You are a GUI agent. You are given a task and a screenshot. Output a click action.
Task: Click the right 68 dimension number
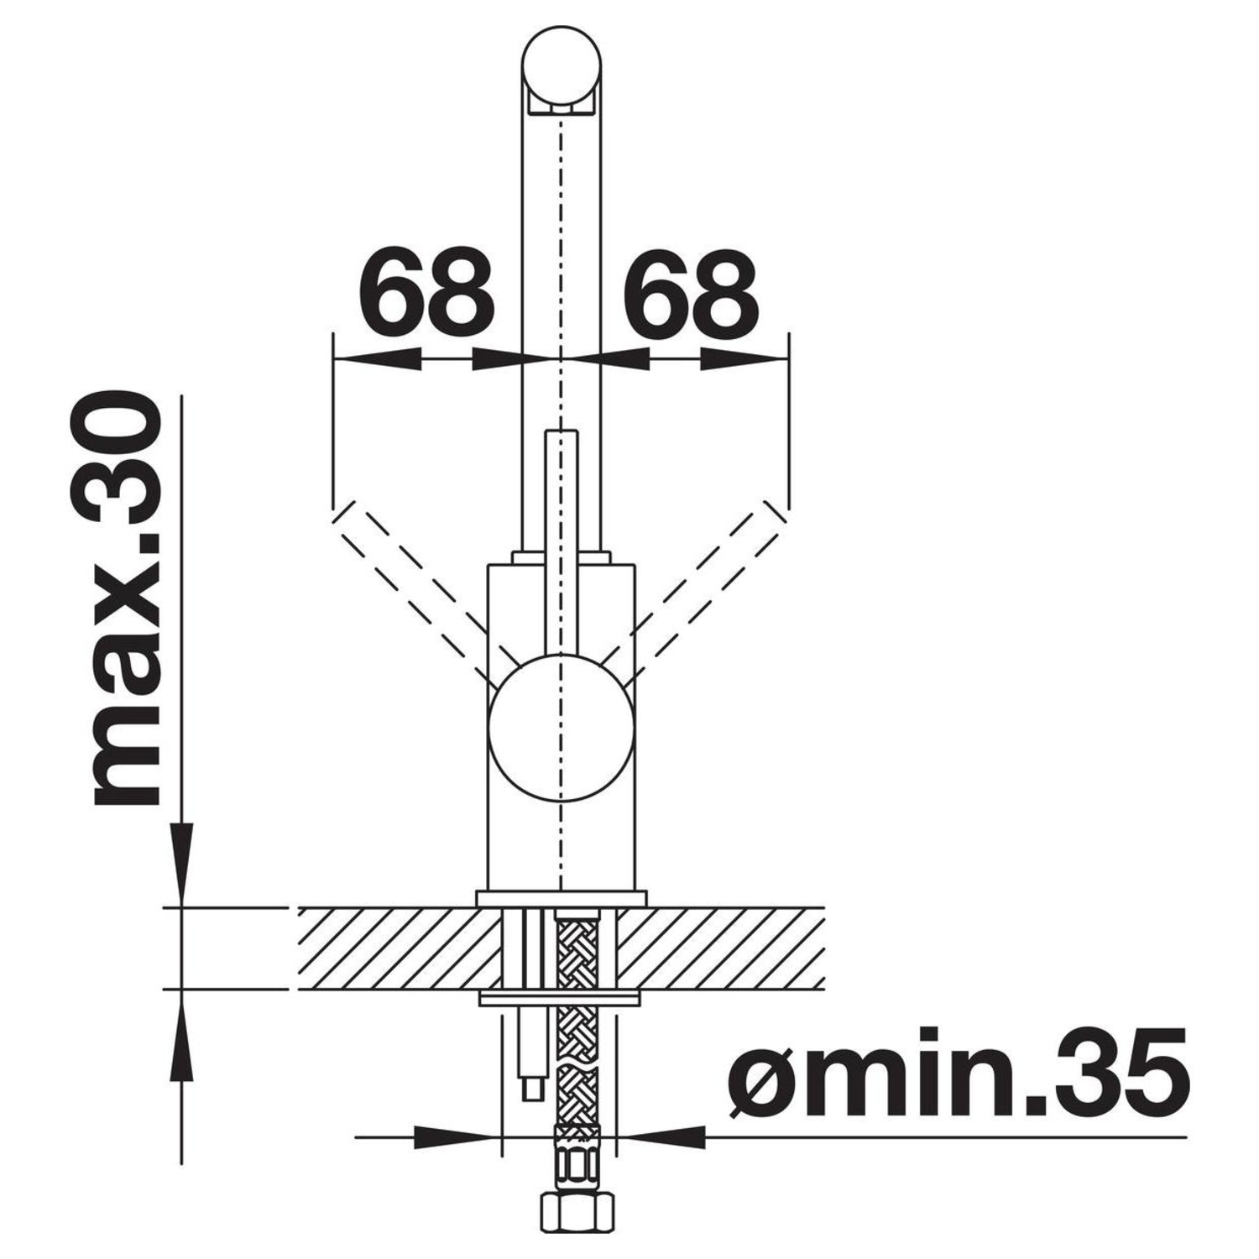click(x=689, y=288)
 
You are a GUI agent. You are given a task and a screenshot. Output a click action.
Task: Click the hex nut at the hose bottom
click(x=576, y=1232)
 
